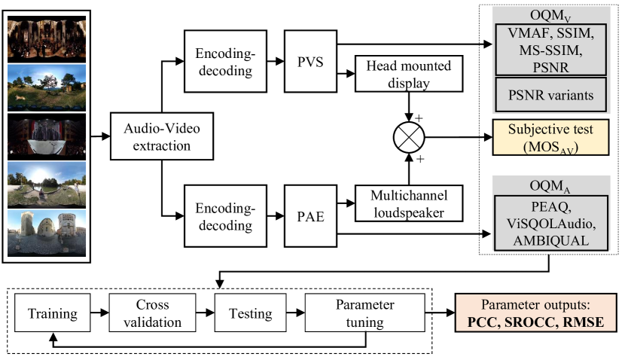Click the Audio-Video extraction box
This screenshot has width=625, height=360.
click(x=162, y=136)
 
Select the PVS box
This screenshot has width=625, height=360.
click(x=310, y=62)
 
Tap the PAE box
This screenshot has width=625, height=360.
click(x=310, y=216)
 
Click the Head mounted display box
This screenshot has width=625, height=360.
click(x=409, y=74)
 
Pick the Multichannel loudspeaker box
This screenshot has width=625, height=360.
click(x=409, y=203)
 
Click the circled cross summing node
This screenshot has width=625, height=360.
click(x=409, y=137)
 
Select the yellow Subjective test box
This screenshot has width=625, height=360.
click(x=551, y=137)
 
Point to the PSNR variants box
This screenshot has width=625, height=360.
click(x=551, y=95)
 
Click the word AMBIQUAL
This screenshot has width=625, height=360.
click(x=551, y=241)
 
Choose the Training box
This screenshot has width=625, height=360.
click(x=53, y=313)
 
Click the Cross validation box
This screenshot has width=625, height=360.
click(x=152, y=313)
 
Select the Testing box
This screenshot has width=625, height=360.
click(x=250, y=313)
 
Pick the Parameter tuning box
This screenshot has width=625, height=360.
click(x=364, y=313)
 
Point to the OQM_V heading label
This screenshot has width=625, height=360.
click(x=550, y=16)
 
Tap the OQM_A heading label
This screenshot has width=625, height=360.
click(x=550, y=186)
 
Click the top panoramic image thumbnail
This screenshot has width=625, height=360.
click(x=47, y=39)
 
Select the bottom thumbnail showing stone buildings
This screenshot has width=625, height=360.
click(x=47, y=233)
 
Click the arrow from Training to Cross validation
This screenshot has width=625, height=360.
click(x=99, y=313)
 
